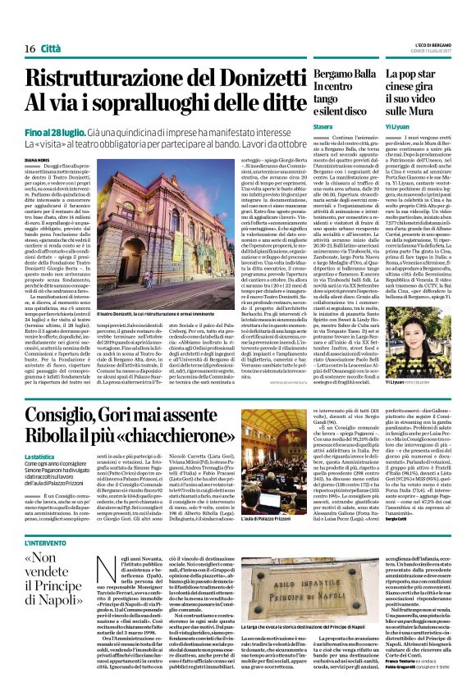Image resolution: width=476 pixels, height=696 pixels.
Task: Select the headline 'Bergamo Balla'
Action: click(339, 73)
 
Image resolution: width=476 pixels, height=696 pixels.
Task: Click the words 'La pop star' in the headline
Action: click(410, 73)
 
